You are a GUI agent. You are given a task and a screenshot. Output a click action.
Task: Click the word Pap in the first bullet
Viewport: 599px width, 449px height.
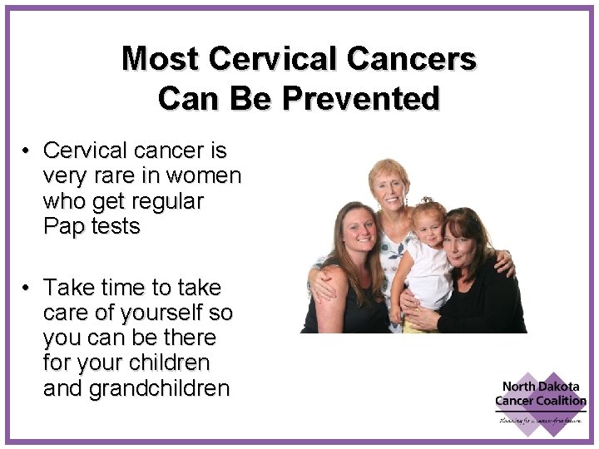click(x=65, y=227)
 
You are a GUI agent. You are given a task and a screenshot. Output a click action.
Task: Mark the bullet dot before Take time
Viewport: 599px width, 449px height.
click(x=27, y=289)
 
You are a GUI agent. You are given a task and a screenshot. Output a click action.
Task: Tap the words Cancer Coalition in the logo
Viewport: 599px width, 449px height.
click(x=541, y=402)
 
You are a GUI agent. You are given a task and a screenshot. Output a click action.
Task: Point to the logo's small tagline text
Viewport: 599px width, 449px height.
click(x=541, y=420)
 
